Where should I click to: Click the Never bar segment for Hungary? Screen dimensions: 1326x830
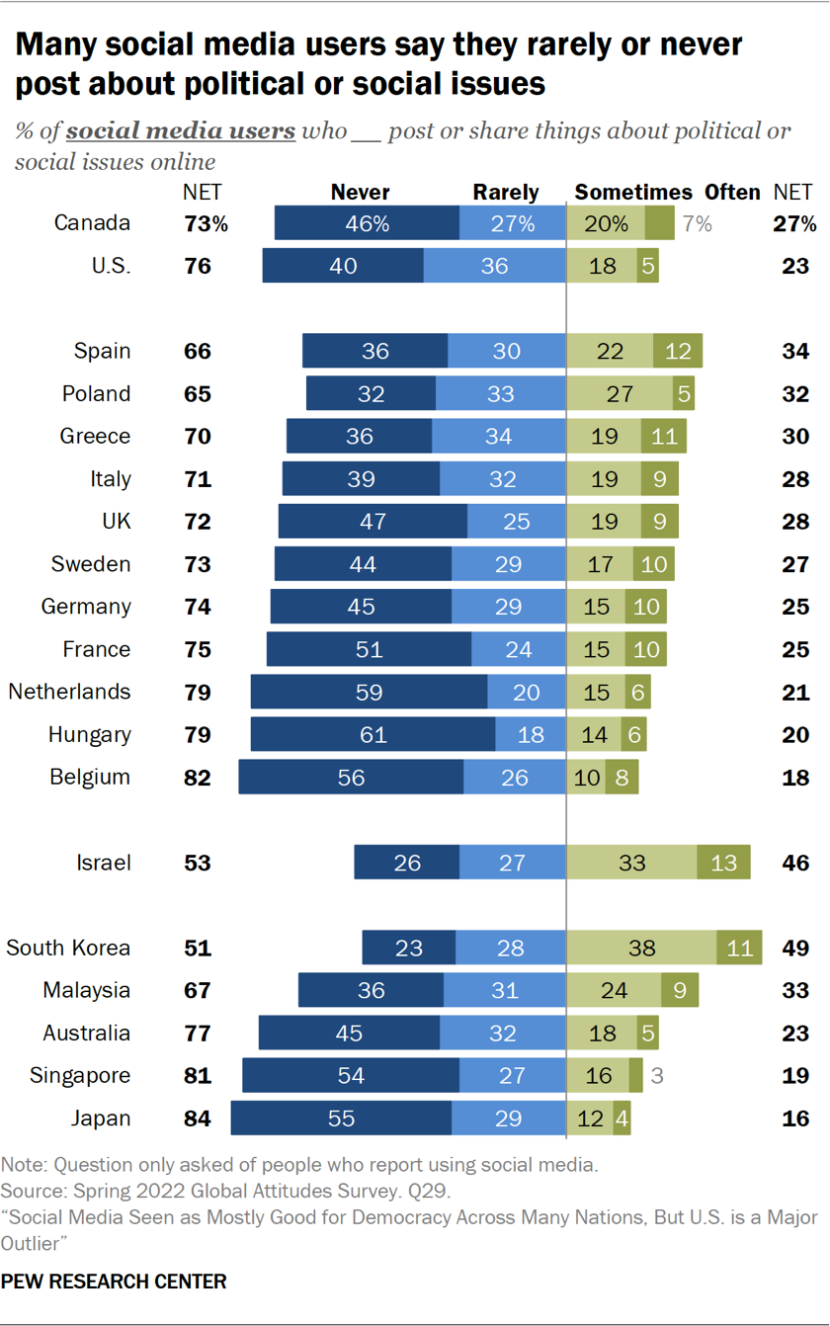[x=373, y=734]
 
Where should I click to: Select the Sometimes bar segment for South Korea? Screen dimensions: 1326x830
[x=641, y=948]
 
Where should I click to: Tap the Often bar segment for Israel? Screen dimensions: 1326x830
[x=723, y=863]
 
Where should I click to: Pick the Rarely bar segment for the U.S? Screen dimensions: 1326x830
[x=494, y=266]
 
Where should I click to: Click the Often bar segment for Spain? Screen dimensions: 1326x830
[x=678, y=351]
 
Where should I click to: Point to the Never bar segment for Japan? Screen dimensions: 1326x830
[x=341, y=1119]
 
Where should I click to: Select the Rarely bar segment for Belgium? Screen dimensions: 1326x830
[x=514, y=778]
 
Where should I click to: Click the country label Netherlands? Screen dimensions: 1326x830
[x=69, y=692]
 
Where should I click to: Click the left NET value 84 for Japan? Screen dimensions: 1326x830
[x=198, y=1119]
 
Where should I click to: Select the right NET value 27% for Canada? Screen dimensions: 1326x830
[x=794, y=224]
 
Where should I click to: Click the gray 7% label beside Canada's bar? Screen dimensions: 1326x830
[x=698, y=224]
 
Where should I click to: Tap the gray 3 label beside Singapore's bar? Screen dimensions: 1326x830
[x=656, y=1076]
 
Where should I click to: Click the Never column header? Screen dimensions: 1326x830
[x=360, y=193]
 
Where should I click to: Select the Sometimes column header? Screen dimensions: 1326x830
[x=633, y=193]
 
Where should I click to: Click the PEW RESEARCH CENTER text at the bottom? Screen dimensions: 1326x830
[x=114, y=1282]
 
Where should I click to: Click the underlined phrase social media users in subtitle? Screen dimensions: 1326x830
[x=181, y=131]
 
